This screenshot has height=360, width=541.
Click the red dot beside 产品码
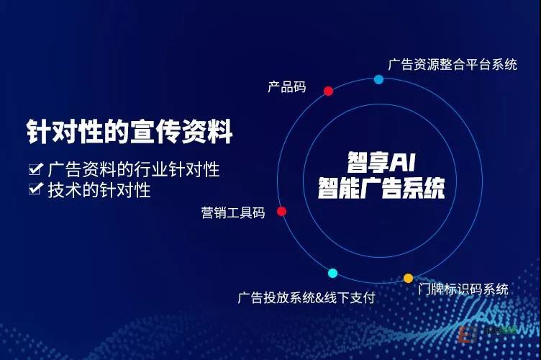point(328,91)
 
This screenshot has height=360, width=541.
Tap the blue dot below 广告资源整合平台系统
point(378,79)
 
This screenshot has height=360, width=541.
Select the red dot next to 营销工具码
point(281,211)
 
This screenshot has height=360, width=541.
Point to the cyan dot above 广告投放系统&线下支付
point(332,274)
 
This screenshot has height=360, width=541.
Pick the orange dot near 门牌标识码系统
point(408,278)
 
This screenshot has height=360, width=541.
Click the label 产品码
point(287,86)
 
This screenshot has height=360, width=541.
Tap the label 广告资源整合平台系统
point(453,65)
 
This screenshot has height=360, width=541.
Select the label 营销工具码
point(233,212)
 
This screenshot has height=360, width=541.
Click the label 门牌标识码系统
point(463,289)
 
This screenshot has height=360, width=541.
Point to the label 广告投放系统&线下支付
point(306,297)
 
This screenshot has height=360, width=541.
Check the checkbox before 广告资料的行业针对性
point(35,168)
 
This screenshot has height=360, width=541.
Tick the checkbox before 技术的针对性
point(35,189)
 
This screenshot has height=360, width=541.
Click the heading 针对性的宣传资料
point(129,132)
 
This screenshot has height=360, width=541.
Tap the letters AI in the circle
point(403,162)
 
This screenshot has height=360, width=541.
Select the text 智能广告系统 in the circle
point(381,188)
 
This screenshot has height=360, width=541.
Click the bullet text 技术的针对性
point(99,190)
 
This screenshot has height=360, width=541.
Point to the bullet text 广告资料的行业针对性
point(134,169)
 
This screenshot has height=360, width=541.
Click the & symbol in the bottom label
point(320,298)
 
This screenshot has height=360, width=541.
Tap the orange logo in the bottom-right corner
point(468,333)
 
